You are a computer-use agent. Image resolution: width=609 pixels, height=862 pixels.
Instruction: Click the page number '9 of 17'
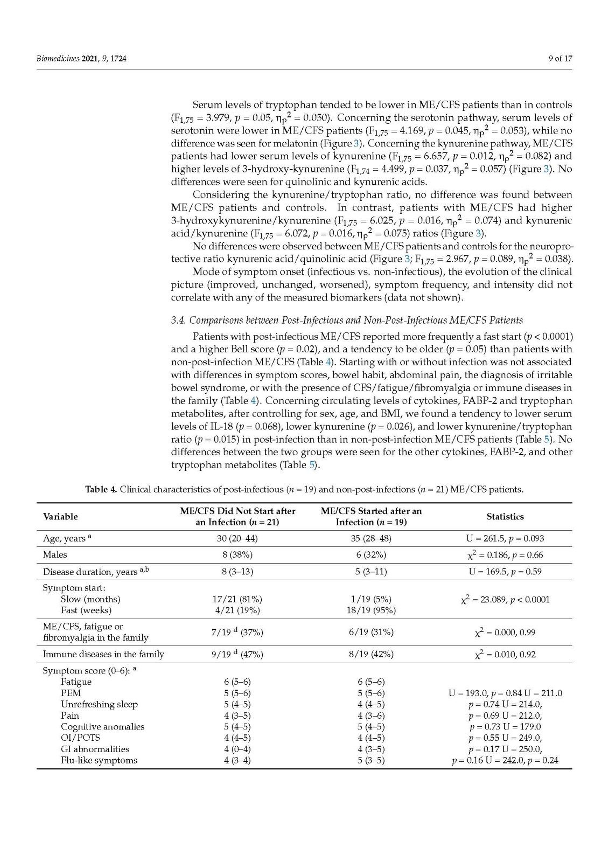point(560,58)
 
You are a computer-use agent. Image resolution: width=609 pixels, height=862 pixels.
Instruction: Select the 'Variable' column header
point(60,516)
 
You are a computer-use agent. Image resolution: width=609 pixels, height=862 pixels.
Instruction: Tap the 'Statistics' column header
point(505,516)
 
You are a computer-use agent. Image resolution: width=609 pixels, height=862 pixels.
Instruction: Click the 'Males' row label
point(55,554)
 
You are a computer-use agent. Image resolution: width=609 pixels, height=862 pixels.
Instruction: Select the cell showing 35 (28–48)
point(371,538)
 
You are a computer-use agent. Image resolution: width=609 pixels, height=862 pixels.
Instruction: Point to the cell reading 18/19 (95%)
point(371,610)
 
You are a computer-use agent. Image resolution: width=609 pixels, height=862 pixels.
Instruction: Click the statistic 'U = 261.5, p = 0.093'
point(505,538)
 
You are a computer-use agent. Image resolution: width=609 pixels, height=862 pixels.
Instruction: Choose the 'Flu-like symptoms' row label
point(99,760)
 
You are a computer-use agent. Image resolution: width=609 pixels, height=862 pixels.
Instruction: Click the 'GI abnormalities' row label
point(95,749)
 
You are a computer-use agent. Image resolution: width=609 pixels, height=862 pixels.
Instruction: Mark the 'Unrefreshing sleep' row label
point(99,704)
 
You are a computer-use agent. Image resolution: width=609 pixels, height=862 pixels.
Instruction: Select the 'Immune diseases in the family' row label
point(103,654)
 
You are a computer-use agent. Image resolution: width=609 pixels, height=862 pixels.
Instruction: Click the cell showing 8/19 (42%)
point(371,654)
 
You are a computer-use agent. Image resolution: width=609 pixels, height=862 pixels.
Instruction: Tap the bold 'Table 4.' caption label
point(101,490)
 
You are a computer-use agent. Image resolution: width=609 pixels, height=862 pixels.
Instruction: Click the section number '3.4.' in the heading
point(178,321)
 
